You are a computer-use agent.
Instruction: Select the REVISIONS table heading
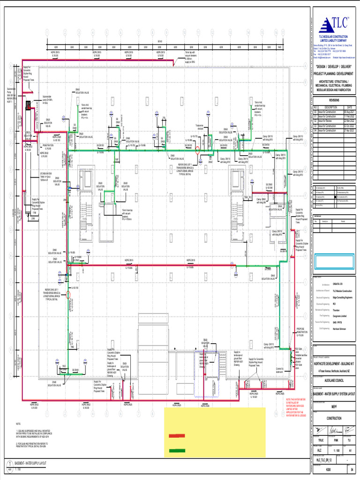[x=335, y=100]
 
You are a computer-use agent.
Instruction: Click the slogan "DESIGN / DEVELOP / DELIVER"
[x=335, y=67]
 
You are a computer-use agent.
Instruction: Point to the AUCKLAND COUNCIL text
[x=335, y=381]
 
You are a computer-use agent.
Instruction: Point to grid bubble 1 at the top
[x=47, y=32]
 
